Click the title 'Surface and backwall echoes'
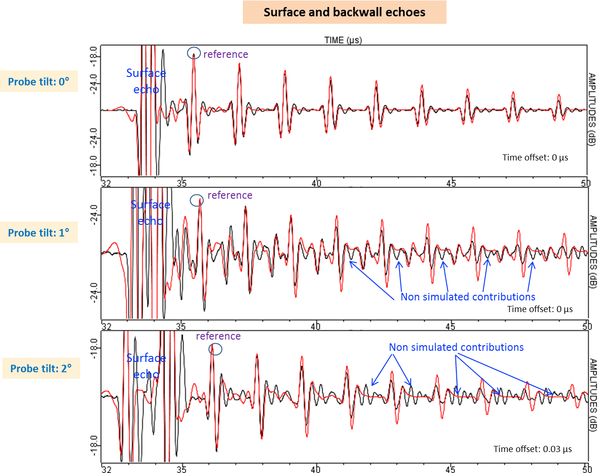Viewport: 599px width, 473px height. [344, 12]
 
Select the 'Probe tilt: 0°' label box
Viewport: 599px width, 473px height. [39, 82]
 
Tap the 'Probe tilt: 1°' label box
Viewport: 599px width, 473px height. [39, 233]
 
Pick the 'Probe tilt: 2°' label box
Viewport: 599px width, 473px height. [41, 369]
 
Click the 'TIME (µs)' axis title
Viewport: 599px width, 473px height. [343, 40]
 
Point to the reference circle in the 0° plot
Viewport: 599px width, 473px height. [194, 53]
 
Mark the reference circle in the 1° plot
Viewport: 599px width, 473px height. [197, 201]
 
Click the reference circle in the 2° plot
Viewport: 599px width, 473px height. [215, 349]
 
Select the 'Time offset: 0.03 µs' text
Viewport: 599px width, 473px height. [532, 449]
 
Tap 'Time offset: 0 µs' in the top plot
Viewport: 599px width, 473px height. [535, 157]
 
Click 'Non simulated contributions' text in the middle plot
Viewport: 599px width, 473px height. [468, 297]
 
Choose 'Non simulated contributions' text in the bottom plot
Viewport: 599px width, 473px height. [456, 347]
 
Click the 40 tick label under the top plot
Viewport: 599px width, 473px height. [317, 183]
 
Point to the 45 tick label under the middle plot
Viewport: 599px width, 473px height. [450, 326]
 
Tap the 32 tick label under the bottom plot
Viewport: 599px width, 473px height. [106, 468]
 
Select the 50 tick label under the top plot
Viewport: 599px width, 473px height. [586, 183]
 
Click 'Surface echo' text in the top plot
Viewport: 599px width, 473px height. [146, 81]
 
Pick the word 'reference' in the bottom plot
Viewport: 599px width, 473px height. [218, 336]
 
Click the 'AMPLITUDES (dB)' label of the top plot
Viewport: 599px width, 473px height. [592, 110]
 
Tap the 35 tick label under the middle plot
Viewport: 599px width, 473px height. [181, 326]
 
